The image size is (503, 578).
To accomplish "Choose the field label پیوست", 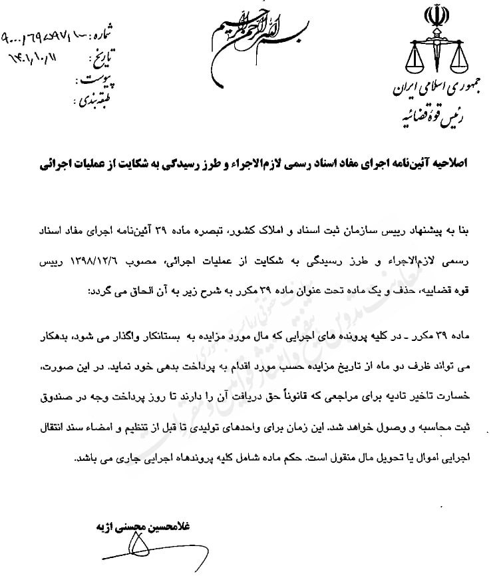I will [x=95, y=83].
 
